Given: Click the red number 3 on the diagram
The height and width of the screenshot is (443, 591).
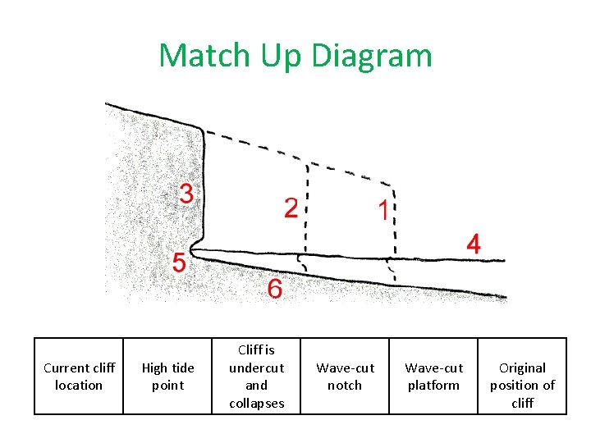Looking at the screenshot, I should point(186,194).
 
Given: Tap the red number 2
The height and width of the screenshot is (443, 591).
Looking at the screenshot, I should point(291,208).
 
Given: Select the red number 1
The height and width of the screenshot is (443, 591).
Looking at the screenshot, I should point(383,211).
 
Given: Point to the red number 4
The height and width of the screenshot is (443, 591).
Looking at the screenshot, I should point(474,244).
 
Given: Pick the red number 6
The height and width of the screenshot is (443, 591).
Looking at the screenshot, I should point(274,289).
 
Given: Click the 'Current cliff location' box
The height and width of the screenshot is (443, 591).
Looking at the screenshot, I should point(79,377).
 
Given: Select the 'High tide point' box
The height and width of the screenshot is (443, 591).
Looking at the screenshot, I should point(167,377).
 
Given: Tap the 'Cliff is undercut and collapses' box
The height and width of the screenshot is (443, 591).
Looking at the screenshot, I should point(256,377).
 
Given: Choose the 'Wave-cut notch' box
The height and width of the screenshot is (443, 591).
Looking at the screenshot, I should point(345,377).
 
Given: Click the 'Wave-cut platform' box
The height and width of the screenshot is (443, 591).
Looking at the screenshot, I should point(433,377).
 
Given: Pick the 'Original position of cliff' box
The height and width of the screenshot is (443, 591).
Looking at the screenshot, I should point(522,377).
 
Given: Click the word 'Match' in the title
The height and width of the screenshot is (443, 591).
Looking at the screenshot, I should point(206,56).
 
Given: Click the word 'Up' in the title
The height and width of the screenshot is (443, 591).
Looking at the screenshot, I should point(281,56).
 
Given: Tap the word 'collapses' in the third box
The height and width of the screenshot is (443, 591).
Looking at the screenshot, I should point(256,403).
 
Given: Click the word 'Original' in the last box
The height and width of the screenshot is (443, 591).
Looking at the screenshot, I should point(522,368).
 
